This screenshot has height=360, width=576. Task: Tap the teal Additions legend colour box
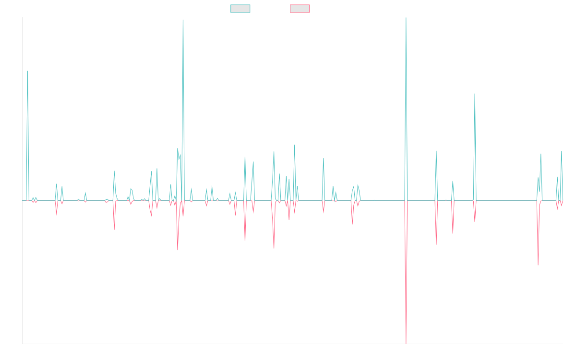click(x=240, y=9)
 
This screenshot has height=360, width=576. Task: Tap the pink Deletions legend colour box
click(x=300, y=9)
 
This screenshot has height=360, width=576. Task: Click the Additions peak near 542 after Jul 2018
click(x=27, y=71)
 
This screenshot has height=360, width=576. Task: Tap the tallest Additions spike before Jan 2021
click(x=183, y=20)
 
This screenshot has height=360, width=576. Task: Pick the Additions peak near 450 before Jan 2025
click(x=475, y=94)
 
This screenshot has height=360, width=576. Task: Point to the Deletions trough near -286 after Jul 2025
click(x=538, y=265)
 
